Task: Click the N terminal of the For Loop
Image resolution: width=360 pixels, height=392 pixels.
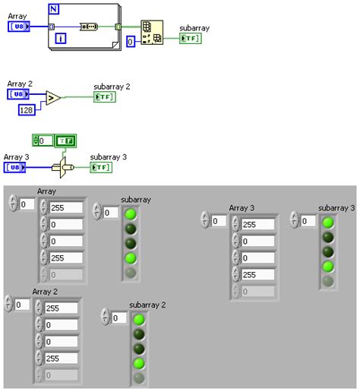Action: click(x=53, y=10)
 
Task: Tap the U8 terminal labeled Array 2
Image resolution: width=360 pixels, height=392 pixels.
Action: click(x=19, y=94)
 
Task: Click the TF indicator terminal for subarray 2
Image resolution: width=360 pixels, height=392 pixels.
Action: click(x=103, y=96)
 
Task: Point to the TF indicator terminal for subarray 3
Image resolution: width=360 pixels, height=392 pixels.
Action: click(x=100, y=167)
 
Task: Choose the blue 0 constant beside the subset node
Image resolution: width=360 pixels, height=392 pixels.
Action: click(x=131, y=42)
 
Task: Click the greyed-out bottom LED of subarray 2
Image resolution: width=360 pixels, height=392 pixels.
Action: click(x=140, y=378)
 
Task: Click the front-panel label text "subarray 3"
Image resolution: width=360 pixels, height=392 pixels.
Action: click(x=336, y=208)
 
